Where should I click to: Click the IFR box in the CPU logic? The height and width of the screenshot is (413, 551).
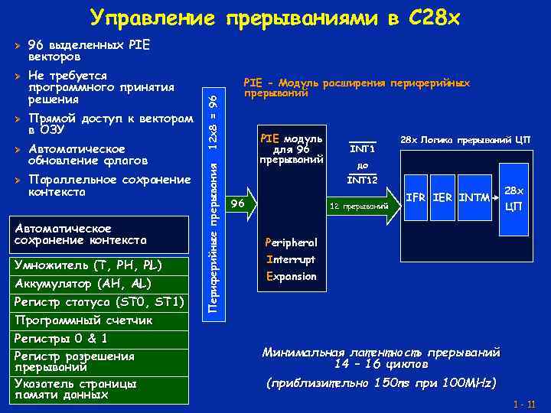[x=416, y=198]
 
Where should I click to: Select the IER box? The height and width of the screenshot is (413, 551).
[x=442, y=198]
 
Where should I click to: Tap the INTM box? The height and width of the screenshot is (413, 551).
[x=474, y=198]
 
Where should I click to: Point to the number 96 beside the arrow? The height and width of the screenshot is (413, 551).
[x=238, y=204]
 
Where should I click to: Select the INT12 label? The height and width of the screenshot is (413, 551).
[x=362, y=180]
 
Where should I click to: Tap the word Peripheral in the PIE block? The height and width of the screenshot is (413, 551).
[x=290, y=242]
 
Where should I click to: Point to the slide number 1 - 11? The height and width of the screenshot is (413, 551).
[x=525, y=404]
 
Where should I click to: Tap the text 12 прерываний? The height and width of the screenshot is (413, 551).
[x=354, y=206]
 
